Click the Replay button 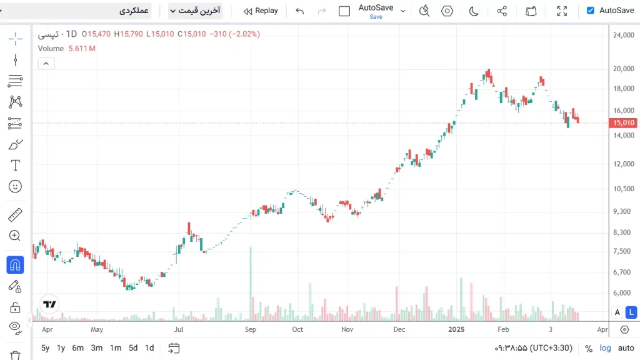coord(261,11)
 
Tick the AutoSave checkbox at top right coord(591,11)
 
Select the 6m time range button coord(77,348)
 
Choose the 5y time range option coord(45,348)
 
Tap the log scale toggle coord(605,348)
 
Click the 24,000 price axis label coord(624,35)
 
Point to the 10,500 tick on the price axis coord(624,189)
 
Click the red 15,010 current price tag coord(624,123)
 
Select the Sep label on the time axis coord(251,329)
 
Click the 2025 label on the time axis coord(456,329)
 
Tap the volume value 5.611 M coord(82,49)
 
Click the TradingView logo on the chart coord(49,304)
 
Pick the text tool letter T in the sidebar coord(16,166)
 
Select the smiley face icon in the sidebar coord(16,186)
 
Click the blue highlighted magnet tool coord(16,265)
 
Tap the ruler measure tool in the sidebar coord(16,216)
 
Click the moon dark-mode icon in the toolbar coord(474,11)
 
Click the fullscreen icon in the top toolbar coord(562,11)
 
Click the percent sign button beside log coord(589,348)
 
